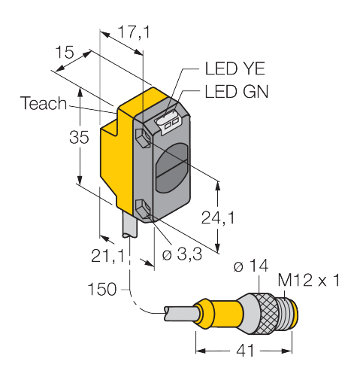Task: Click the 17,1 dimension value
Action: (134, 32)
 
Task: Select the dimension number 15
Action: (65, 52)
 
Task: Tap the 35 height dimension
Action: (79, 137)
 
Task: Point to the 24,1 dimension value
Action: (218, 217)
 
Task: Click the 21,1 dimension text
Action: (107, 256)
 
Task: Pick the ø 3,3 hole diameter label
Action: (182, 254)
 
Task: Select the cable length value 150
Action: (102, 289)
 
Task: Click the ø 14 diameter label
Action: (251, 266)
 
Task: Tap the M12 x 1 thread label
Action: (309, 280)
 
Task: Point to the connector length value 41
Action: (245, 350)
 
